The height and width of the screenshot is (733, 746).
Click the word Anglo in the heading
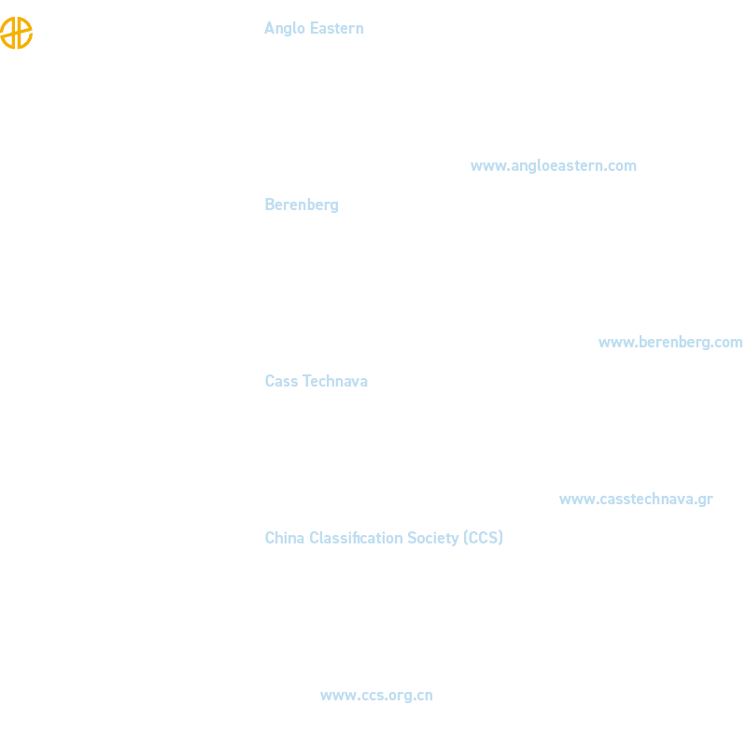click(x=285, y=29)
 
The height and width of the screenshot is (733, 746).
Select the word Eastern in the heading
click(x=337, y=28)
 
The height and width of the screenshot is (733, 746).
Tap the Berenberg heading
click(x=302, y=205)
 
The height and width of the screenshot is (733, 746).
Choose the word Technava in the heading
click(x=335, y=381)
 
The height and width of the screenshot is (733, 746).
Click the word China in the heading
click(x=285, y=538)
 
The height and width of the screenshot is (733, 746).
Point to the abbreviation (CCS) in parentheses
click(x=483, y=538)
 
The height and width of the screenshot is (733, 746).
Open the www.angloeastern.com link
click(x=554, y=166)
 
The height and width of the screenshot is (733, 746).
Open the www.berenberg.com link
click(x=670, y=343)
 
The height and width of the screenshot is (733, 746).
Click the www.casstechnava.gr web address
click(x=636, y=500)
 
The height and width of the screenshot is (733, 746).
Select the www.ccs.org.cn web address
click(x=376, y=696)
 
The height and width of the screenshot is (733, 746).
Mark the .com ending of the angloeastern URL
click(x=618, y=166)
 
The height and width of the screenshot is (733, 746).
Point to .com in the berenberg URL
click(x=725, y=343)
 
